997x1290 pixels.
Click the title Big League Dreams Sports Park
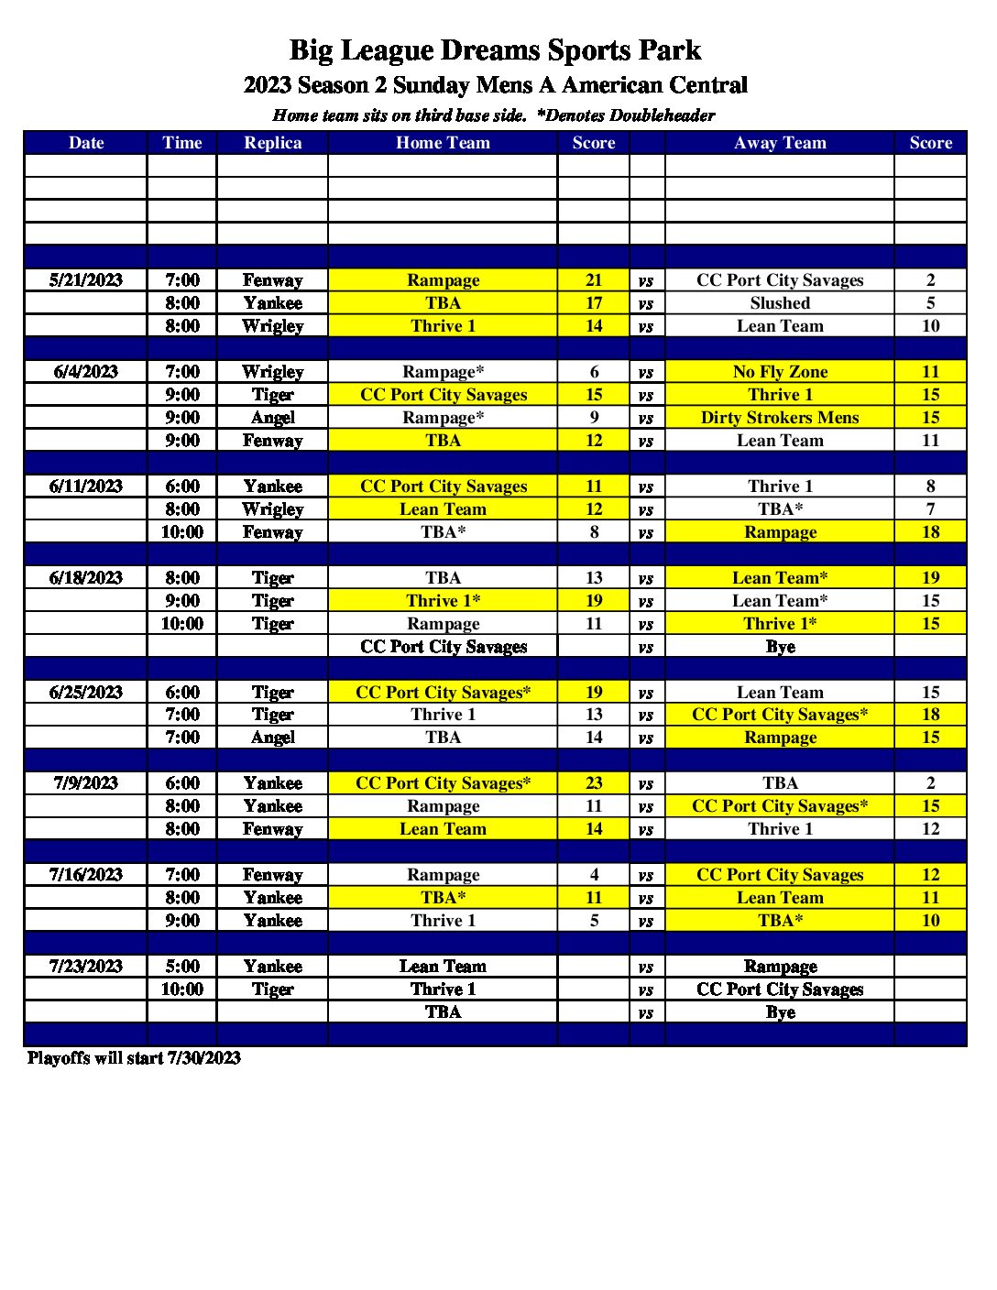point(495,49)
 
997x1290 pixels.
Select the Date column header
point(86,143)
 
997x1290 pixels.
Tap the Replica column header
point(272,143)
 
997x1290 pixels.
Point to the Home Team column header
point(443,143)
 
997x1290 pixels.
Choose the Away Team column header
point(780,143)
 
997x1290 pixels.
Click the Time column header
point(181,143)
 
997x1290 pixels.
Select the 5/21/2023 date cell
point(86,280)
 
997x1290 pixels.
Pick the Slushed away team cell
point(780,303)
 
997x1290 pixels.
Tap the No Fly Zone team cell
point(780,372)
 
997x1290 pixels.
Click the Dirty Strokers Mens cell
point(780,418)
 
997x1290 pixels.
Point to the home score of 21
point(594,280)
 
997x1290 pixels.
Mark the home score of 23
point(594,783)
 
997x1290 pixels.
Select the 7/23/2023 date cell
point(86,967)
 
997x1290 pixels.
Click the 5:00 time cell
point(181,967)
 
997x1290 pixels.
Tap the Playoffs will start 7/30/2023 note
point(134,1058)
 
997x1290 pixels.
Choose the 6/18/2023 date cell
point(86,578)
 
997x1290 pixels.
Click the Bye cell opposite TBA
point(780,1012)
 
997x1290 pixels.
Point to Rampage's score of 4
point(594,875)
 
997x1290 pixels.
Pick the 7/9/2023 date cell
point(86,783)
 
